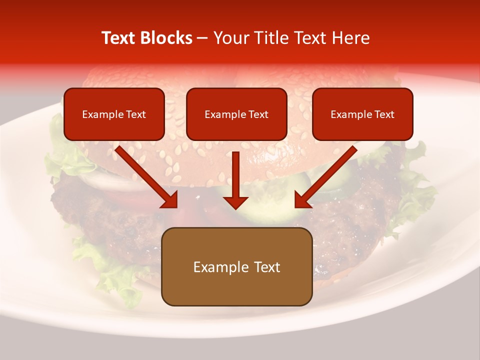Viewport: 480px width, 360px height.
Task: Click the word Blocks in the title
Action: [165, 38]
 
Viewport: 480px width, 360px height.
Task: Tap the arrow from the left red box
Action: [145, 175]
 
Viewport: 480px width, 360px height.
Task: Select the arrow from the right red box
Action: [327, 175]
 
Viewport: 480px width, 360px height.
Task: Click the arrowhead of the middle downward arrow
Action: [236, 202]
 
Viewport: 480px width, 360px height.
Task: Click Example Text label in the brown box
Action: [236, 267]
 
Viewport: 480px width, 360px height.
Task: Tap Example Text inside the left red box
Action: [114, 114]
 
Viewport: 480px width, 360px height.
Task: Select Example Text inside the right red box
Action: [362, 114]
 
